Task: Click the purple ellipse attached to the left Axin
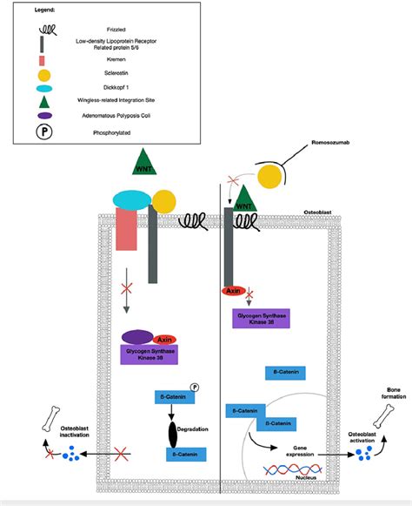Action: click(137, 336)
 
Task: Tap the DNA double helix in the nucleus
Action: click(294, 470)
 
